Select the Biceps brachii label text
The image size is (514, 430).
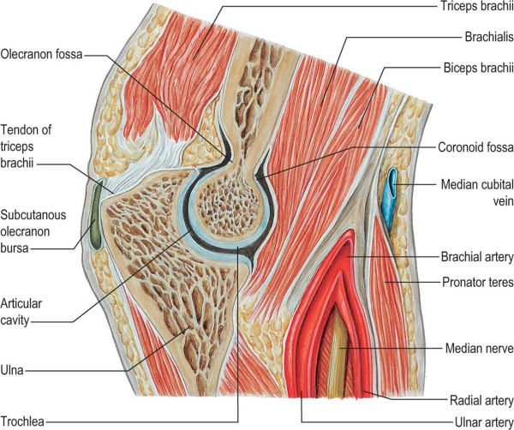[476, 68]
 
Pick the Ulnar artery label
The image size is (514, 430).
[479, 422]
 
